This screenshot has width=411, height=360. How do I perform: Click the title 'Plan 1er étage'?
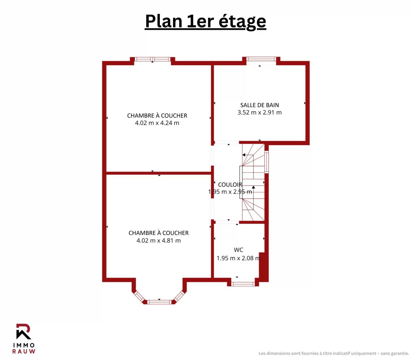(x=206, y=22)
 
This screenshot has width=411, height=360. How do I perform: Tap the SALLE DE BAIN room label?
(x=260, y=105)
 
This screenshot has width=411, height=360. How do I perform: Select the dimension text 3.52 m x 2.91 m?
(x=260, y=112)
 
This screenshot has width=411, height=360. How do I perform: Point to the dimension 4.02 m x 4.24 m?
(x=157, y=123)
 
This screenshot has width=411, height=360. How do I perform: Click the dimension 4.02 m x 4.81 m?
(x=159, y=240)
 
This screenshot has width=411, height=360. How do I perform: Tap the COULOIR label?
(x=230, y=184)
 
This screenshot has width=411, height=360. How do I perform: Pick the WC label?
(x=238, y=250)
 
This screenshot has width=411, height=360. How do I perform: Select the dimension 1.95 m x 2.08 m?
(x=238, y=258)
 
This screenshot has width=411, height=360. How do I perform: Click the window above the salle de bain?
(x=261, y=59)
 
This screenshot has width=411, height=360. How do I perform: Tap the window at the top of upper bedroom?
(x=152, y=59)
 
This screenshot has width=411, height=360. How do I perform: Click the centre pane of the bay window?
(x=160, y=302)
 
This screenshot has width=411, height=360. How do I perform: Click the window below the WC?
(x=243, y=284)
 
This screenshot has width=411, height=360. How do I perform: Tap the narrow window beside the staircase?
(x=266, y=162)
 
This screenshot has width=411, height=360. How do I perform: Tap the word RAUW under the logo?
(x=24, y=351)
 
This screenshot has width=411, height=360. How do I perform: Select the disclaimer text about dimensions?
(x=334, y=353)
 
